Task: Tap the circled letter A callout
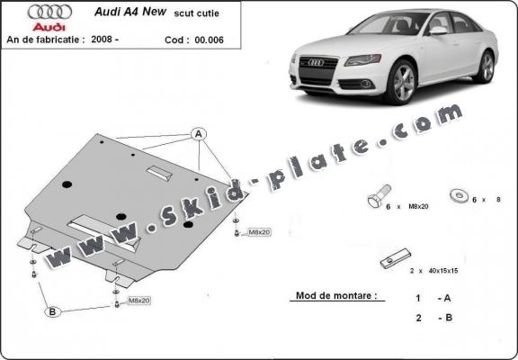click(x=197, y=134)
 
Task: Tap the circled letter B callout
click(x=53, y=311)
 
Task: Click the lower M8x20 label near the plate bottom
click(x=138, y=300)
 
